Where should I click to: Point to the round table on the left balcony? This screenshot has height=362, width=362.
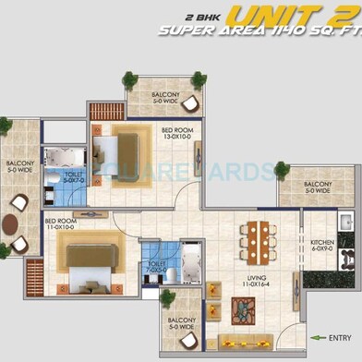10,223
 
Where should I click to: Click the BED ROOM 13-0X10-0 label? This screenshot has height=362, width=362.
175,134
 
